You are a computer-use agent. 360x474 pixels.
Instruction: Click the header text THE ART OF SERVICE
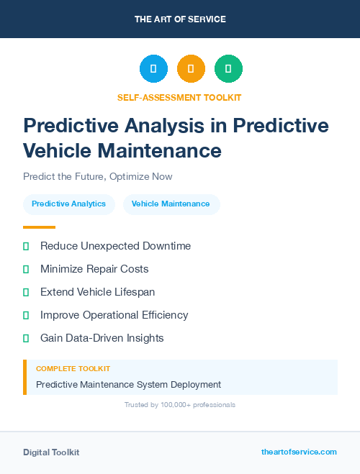pos(180,19)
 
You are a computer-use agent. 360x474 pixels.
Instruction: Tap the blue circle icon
pos(153,68)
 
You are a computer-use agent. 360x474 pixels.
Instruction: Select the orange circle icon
pos(191,68)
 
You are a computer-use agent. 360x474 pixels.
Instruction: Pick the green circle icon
pos(228,68)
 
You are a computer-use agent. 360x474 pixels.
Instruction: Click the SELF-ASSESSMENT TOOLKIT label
pos(179,97)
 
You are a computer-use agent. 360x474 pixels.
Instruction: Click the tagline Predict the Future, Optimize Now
pos(97,176)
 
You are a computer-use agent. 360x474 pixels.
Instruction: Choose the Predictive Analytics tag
pos(68,204)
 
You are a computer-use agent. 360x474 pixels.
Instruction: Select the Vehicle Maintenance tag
pos(171,204)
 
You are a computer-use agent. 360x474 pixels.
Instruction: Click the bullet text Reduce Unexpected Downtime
pos(115,246)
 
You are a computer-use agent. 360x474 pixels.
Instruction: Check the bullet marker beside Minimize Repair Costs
pos(26,269)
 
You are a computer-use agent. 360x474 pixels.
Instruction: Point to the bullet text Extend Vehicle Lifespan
pos(97,292)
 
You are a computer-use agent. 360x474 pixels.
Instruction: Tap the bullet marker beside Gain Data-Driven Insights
pos(26,338)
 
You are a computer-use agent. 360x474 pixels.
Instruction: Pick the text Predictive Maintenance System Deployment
pos(128,385)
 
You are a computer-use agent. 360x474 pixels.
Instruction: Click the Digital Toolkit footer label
pos(51,452)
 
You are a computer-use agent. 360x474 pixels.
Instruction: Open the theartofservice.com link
pos(299,452)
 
